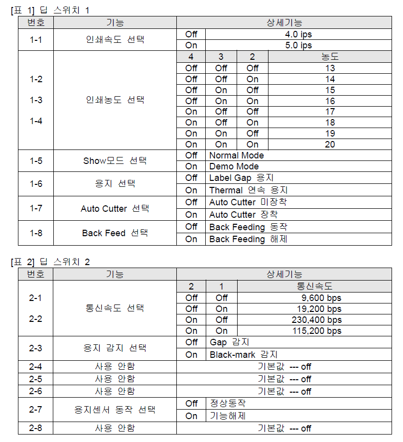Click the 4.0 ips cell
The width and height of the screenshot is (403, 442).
[x=299, y=34]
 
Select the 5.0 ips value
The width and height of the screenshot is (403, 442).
[x=299, y=45]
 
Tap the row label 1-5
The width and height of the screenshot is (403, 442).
[x=36, y=161]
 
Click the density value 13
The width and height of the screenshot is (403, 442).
[x=330, y=68]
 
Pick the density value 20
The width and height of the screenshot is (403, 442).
[x=330, y=145]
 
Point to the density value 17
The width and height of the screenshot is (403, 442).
[x=330, y=112]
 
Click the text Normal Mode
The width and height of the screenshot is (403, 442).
[x=237, y=155]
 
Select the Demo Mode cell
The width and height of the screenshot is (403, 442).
[x=234, y=166]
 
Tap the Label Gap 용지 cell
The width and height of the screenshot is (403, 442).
[x=242, y=178]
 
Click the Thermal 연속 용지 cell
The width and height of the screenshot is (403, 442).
[x=248, y=190]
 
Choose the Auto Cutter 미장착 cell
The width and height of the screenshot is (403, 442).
[x=248, y=202]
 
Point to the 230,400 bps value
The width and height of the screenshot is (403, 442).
[x=317, y=320]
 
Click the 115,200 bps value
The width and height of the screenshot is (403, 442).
[x=317, y=331]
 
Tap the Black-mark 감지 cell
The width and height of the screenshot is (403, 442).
[x=243, y=355]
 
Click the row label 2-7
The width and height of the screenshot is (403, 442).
[x=36, y=410]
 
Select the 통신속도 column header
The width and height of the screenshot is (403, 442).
[x=315, y=287]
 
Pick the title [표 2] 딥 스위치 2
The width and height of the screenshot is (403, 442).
[x=50, y=262]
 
